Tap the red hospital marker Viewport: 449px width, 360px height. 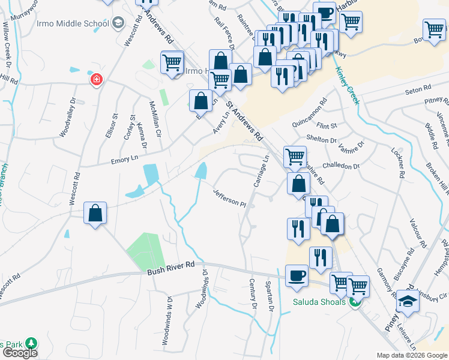coord(95,79)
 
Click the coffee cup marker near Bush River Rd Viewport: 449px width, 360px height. coord(296,275)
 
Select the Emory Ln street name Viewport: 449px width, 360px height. coord(124,159)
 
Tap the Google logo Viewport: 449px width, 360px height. coord(20,353)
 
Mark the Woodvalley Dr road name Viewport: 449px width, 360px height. coord(65,118)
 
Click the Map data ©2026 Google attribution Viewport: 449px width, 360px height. coord(412,355)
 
